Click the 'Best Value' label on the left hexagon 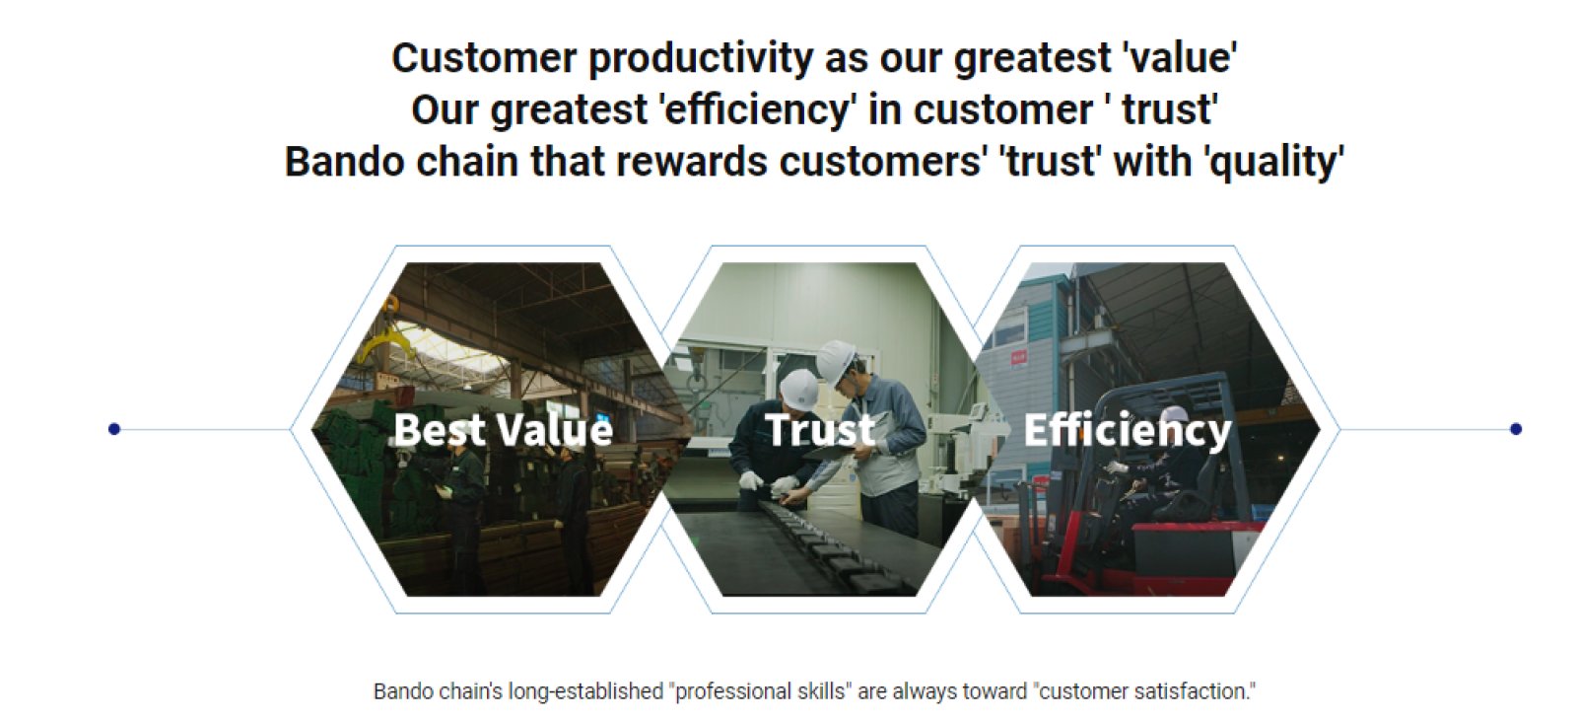coord(503,429)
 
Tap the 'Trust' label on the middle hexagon coord(820,429)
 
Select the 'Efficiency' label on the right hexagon coord(1128,431)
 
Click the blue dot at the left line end coord(114,428)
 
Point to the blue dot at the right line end coord(1516,428)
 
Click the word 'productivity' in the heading coord(701,58)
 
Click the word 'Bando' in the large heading coord(344,162)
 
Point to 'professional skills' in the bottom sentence coord(760,691)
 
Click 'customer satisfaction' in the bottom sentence coord(1143,691)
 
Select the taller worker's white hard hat coord(835,361)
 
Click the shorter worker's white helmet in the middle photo coord(799,389)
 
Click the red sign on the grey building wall coord(1018,358)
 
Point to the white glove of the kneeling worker coord(751,481)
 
